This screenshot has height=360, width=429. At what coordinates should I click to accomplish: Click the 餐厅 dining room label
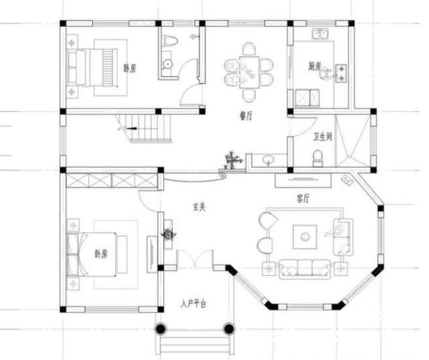point(245,115)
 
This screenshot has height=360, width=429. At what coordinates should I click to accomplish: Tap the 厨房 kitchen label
point(314,67)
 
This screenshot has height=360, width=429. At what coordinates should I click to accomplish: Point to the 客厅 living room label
point(303,199)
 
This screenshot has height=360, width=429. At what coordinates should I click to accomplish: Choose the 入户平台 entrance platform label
point(193,304)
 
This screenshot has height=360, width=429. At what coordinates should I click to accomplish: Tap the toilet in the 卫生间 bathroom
point(318,158)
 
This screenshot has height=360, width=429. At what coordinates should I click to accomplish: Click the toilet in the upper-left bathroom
point(170,42)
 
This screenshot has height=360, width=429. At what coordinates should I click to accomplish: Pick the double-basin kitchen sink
point(320,34)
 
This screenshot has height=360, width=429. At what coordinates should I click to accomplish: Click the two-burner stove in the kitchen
point(341,72)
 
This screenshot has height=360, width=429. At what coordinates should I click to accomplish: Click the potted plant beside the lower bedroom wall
point(168,235)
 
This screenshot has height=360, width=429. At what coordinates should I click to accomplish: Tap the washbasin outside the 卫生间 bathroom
point(268,160)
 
